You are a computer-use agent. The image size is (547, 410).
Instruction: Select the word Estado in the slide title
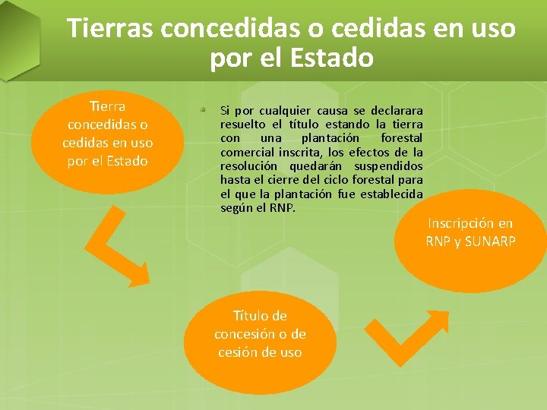[331, 58]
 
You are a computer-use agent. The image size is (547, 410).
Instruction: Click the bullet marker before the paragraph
[204, 110]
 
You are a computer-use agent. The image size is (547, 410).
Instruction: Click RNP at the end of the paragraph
[282, 207]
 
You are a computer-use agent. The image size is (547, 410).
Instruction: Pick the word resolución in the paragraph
[251, 166]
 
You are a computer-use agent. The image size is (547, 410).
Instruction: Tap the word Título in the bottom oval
[249, 316]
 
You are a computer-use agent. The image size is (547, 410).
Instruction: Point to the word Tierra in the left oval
[107, 106]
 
